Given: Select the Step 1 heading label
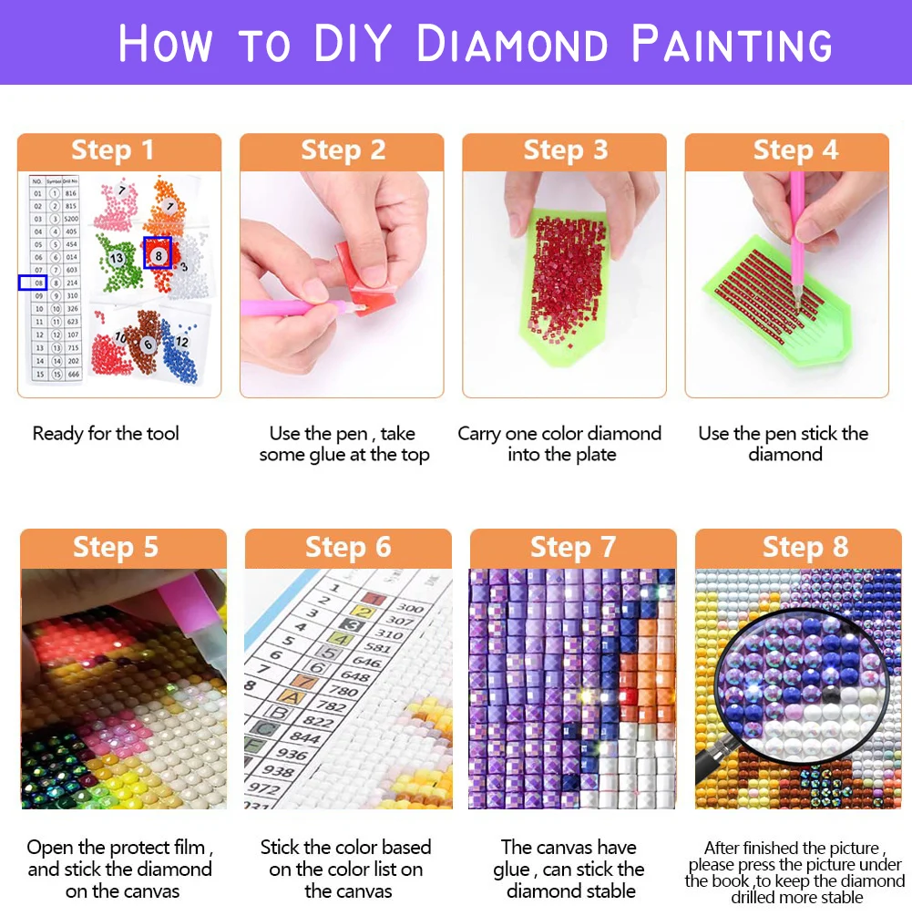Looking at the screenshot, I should [113, 150].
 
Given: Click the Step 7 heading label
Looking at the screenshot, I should [573, 547].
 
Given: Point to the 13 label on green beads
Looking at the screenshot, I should [117, 259].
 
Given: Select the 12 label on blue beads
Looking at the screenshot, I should [182, 341].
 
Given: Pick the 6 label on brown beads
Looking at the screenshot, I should [147, 345].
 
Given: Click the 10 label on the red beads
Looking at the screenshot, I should [119, 337].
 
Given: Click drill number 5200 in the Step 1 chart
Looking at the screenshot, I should [71, 220].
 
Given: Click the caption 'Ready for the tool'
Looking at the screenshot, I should [106, 434].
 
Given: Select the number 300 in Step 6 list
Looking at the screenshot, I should [410, 608].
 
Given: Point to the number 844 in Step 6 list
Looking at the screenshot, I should [305, 738].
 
